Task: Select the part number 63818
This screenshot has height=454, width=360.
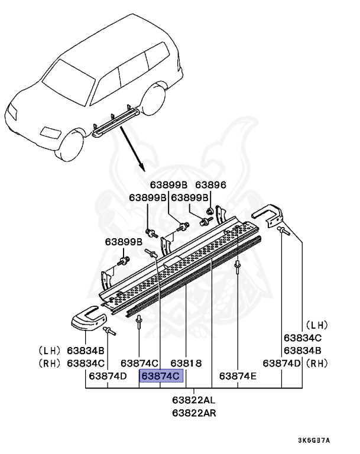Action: point(187,362)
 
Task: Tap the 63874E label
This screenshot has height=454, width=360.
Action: point(238,375)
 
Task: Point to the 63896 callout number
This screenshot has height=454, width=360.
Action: point(211,185)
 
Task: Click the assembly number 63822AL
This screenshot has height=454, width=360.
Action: point(194,400)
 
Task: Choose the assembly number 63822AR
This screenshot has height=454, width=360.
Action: point(194,413)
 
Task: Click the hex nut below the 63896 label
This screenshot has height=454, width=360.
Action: point(210,212)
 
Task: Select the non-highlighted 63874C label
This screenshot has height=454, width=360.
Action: point(139,362)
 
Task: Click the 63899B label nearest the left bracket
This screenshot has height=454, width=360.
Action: point(124,242)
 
